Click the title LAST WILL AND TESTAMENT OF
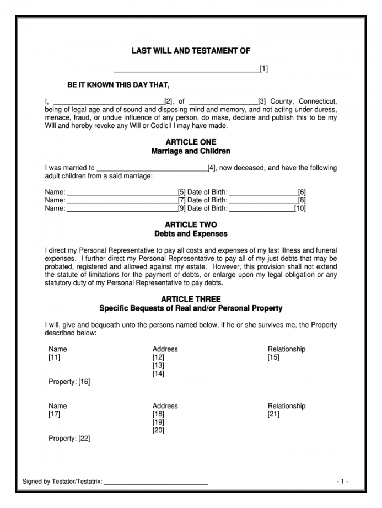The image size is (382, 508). pyautogui.click(x=191, y=51)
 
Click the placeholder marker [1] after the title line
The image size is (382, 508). pyautogui.click(x=264, y=69)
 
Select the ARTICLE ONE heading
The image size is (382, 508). pyautogui.click(x=191, y=142)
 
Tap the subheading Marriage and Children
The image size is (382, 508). pyautogui.click(x=191, y=151)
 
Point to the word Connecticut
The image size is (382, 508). pyautogui.click(x=318, y=101)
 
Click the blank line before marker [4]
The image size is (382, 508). pyautogui.click(x=152, y=168)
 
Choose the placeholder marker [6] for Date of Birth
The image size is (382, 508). pyautogui.click(x=302, y=192)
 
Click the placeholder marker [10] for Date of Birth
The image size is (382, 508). pyautogui.click(x=300, y=208)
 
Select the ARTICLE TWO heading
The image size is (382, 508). pyautogui.click(x=191, y=225)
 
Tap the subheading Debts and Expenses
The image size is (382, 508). pyautogui.click(x=191, y=234)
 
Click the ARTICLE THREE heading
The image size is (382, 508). pyautogui.click(x=191, y=299)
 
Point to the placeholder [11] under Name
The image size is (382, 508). pyautogui.click(x=55, y=357)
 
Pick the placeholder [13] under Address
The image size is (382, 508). pyautogui.click(x=158, y=366)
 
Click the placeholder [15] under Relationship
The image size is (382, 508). pyautogui.click(x=273, y=357)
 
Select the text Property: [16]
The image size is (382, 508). pyautogui.click(x=69, y=382)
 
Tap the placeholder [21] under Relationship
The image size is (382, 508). pyautogui.click(x=273, y=414)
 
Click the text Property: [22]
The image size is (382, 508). pyautogui.click(x=69, y=439)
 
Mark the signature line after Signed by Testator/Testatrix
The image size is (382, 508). pyautogui.click(x=156, y=482)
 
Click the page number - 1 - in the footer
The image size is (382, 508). pyautogui.click(x=342, y=482)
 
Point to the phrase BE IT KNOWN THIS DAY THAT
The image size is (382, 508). pyautogui.click(x=119, y=85)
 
